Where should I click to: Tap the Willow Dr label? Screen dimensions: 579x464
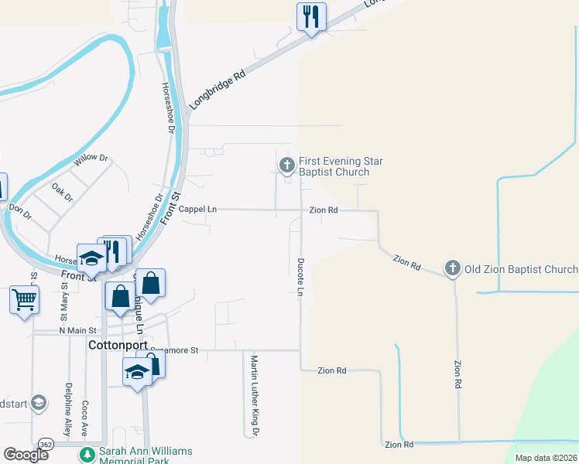(92, 162)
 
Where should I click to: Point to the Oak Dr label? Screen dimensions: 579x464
(62, 193)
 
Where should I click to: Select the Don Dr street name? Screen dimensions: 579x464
(19, 210)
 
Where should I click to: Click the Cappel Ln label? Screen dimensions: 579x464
(197, 210)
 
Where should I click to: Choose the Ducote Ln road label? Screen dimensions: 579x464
(300, 276)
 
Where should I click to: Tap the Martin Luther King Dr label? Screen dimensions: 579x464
(253, 395)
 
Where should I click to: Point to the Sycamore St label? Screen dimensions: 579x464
(178, 350)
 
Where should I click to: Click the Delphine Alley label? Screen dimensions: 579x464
(68, 404)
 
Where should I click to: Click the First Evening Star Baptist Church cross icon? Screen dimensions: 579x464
(286, 165)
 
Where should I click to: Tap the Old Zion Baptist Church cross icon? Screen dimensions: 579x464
(453, 269)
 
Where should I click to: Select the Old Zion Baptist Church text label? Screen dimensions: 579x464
(520, 269)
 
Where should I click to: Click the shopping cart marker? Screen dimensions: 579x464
(24, 299)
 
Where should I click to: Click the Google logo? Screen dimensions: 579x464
(26, 454)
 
